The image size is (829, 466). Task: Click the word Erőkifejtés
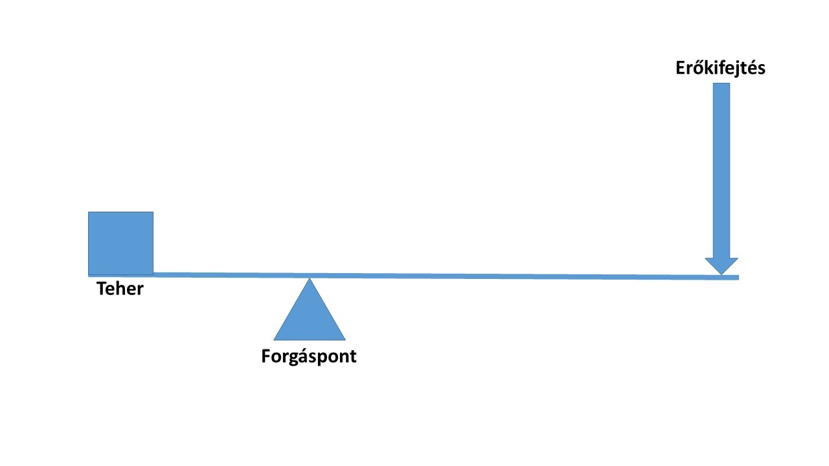pos(720,69)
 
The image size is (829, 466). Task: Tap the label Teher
pos(120,289)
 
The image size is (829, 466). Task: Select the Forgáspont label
pos(309,356)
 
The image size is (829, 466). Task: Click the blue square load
pos(120,243)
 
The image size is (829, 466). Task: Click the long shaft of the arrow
pos(721,168)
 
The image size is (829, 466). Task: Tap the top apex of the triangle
pos(310,279)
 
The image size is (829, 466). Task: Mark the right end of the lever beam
pos(738,278)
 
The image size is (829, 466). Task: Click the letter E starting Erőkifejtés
pos(681,69)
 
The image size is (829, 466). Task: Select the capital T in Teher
pos(102,289)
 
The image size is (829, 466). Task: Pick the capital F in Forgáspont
pos(266,356)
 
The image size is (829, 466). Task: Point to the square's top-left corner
pos(89,212)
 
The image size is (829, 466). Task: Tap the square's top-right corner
pos(153,212)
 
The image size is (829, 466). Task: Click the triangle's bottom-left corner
pos(275,339)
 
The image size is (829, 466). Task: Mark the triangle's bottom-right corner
pos(345,339)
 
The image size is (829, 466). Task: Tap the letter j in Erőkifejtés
pos(734,70)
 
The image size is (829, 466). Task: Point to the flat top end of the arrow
pos(721,84)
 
